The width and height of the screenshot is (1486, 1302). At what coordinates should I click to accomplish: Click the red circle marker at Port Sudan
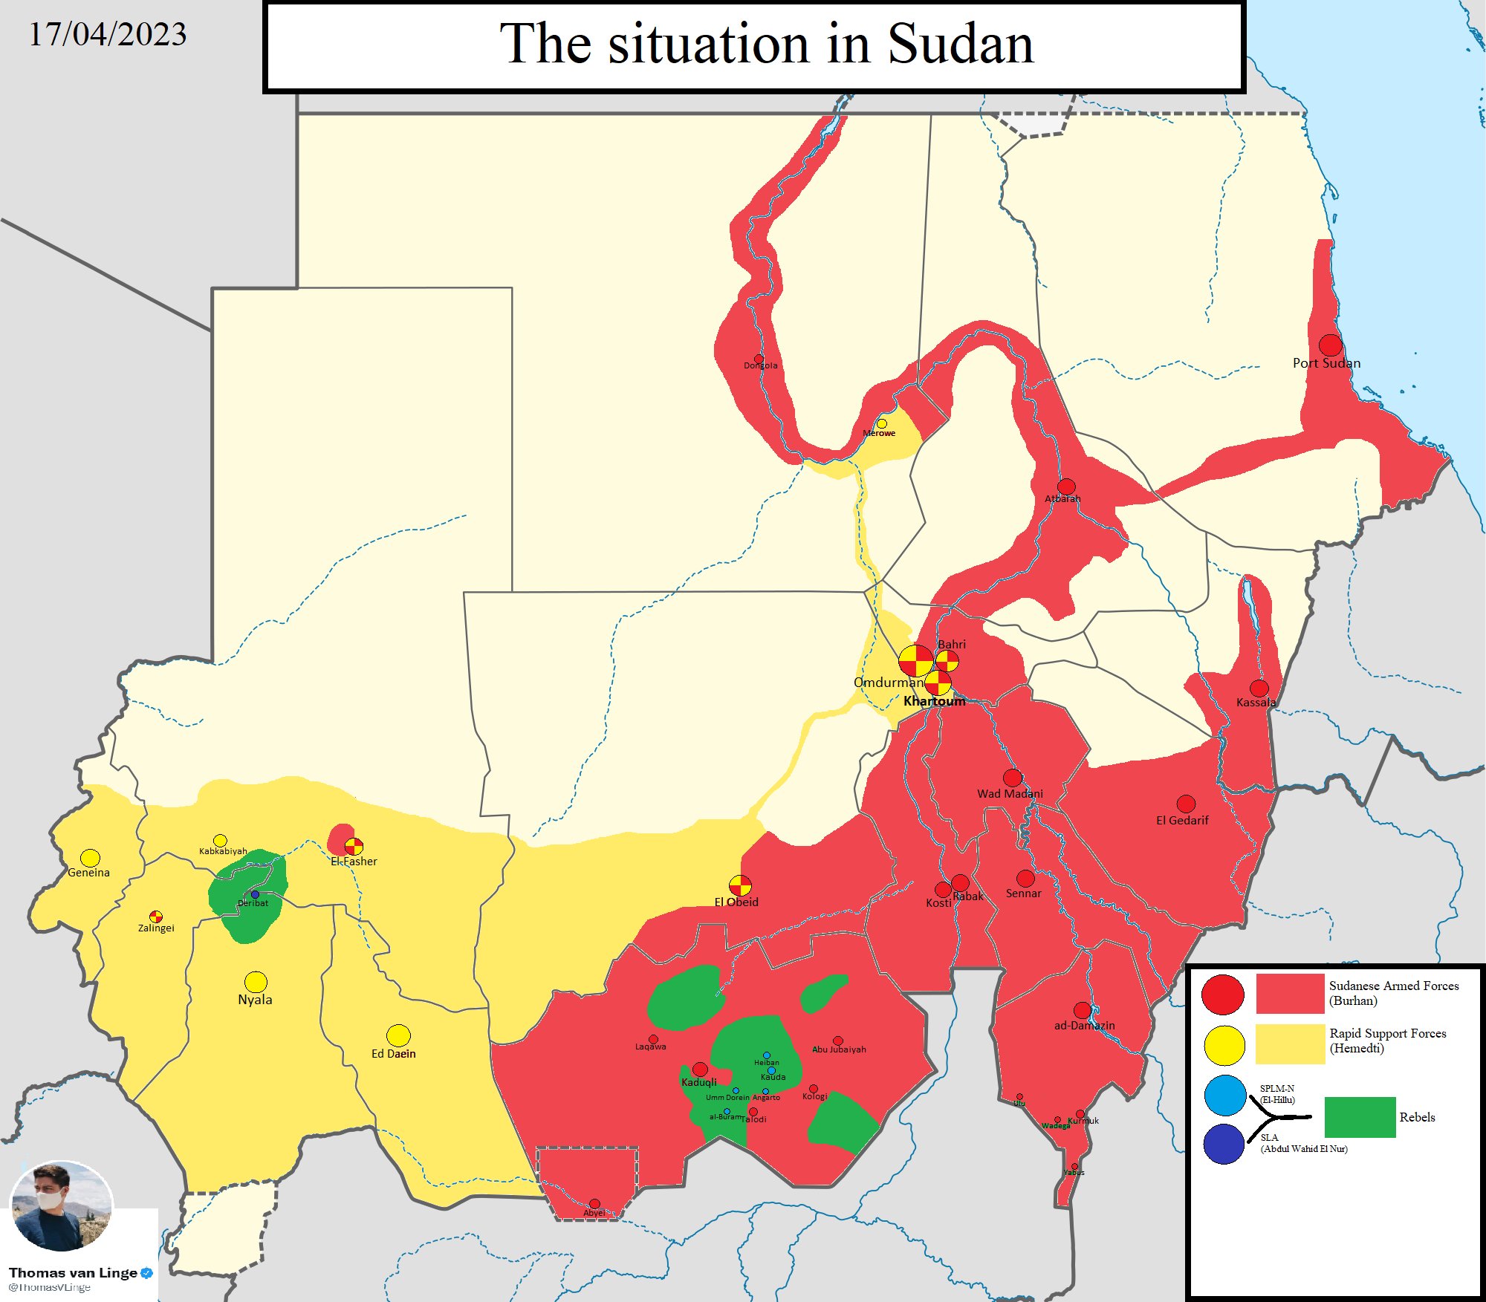pyautogui.click(x=1330, y=345)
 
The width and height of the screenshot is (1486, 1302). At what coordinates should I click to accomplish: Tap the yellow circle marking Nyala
pyautogui.click(x=256, y=981)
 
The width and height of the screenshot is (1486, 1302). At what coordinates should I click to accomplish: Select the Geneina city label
pyautogui.click(x=88, y=873)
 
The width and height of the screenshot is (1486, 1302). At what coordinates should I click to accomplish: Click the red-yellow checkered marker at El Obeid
pyautogui.click(x=740, y=885)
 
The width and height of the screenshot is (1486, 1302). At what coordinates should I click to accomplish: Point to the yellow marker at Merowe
pyautogui.click(x=882, y=423)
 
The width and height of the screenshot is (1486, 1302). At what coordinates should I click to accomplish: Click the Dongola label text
pyautogui.click(x=760, y=365)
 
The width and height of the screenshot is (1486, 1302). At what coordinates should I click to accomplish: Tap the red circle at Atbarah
pyautogui.click(x=1066, y=486)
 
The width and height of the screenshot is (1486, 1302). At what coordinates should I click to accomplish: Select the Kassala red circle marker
pyautogui.click(x=1259, y=688)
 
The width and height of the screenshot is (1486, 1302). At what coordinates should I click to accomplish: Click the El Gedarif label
pyautogui.click(x=1181, y=820)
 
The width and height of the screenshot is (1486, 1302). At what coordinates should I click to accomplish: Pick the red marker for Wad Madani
pyautogui.click(x=1013, y=778)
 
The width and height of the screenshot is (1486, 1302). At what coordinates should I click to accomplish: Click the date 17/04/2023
pyautogui.click(x=108, y=34)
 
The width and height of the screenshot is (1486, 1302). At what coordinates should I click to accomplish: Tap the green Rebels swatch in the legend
pyautogui.click(x=1360, y=1117)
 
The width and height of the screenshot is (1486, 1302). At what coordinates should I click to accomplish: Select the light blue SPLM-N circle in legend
pyautogui.click(x=1224, y=1095)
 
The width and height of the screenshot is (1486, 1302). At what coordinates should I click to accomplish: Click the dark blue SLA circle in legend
pyautogui.click(x=1224, y=1144)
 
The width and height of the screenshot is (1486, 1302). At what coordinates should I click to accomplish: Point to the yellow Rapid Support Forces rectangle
pyautogui.click(x=1290, y=1044)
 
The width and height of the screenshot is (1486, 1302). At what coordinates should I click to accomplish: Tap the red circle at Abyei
pyautogui.click(x=594, y=1203)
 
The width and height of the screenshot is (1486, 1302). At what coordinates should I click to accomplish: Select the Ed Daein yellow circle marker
pyautogui.click(x=398, y=1035)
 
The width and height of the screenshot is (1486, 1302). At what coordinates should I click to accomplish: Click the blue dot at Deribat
pyautogui.click(x=255, y=894)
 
